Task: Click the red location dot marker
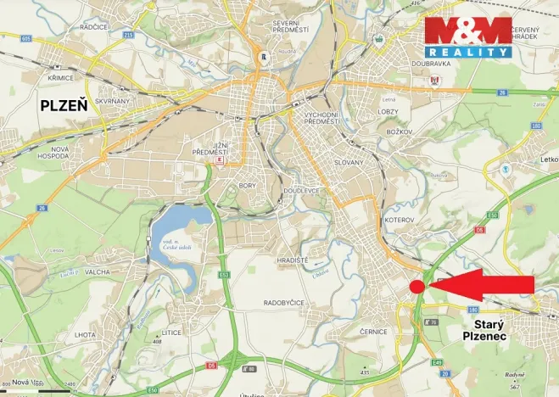416,287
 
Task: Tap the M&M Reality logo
468,37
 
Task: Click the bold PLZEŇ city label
64,106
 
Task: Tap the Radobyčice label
289,302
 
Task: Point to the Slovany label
349,162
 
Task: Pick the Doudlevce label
302,192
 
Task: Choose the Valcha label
98,272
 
